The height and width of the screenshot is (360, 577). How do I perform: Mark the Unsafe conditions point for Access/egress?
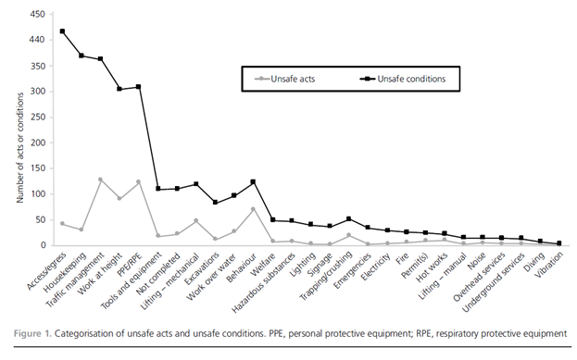point(62,31)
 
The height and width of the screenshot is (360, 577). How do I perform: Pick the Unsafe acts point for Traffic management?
point(100,180)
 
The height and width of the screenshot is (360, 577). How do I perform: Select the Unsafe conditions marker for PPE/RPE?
point(138,87)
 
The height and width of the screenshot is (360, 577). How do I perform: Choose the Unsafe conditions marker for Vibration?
point(558,243)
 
